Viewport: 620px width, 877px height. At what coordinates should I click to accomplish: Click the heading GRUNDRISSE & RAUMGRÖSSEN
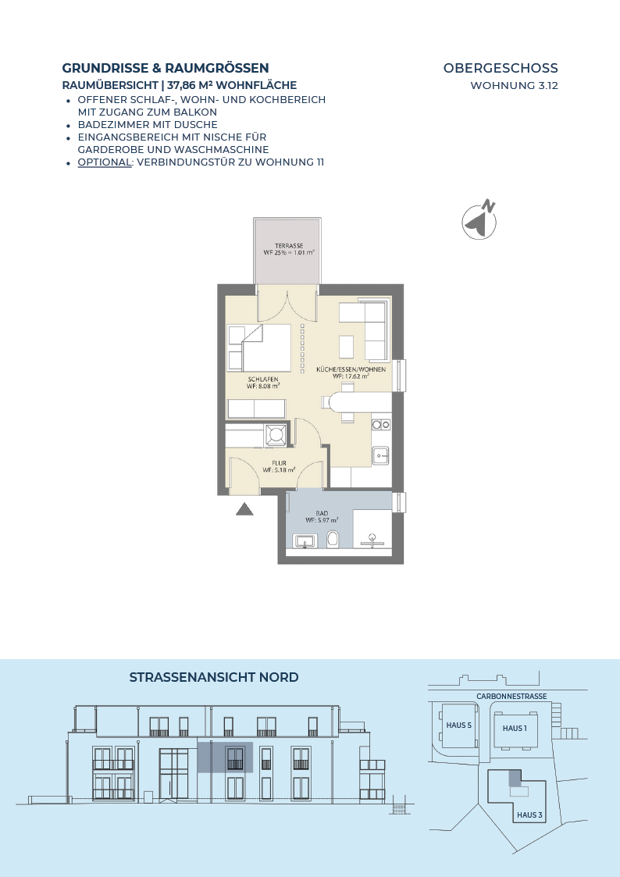pos(166,68)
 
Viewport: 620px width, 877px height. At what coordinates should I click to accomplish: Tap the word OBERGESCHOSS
pos(501,68)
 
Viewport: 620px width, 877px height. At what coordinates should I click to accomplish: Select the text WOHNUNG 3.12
pos(515,86)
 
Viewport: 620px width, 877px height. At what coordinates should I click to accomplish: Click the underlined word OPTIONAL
pos(105,162)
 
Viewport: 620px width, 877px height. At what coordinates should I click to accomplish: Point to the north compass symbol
pos(479,220)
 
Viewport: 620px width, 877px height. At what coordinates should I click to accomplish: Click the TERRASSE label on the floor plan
pos(289,245)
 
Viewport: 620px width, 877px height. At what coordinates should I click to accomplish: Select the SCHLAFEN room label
pos(263,380)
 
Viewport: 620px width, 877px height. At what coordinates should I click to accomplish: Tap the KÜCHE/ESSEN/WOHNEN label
pos(351,369)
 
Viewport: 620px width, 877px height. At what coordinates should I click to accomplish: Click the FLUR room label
pos(280,463)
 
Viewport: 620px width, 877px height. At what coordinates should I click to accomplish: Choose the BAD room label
pos(322,513)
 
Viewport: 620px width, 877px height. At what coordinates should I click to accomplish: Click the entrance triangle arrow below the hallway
pos(245,509)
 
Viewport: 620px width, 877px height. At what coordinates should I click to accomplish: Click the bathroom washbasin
pos(305,541)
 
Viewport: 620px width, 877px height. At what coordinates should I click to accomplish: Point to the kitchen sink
pos(381,455)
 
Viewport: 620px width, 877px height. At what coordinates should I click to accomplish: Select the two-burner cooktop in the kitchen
pos(381,425)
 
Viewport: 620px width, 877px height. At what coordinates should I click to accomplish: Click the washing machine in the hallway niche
pos(276,434)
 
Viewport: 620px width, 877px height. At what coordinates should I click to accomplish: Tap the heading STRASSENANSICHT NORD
pos(214,677)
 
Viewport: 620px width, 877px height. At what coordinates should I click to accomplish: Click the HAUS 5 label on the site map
pos(459,725)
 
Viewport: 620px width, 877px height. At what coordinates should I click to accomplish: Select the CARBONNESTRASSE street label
pos(511,697)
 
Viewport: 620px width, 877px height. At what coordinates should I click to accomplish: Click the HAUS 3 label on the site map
pos(529,815)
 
